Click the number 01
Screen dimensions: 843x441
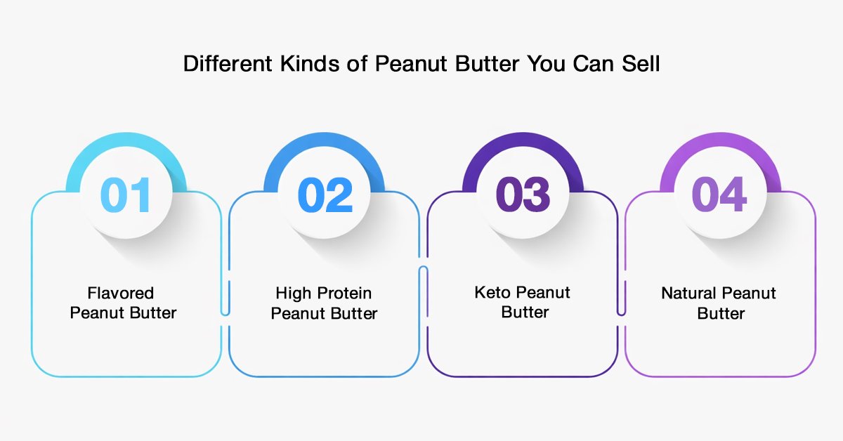(x=126, y=195)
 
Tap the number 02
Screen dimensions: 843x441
(x=325, y=195)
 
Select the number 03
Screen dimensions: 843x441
(x=523, y=195)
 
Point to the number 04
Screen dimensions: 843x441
(x=719, y=194)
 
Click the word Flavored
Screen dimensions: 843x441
(x=120, y=293)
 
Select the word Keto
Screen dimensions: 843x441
(x=492, y=292)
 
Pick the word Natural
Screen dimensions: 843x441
(x=689, y=293)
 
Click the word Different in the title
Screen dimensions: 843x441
(x=228, y=63)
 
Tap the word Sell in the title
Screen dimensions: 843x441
(x=641, y=63)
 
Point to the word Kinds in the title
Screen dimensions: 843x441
(x=310, y=63)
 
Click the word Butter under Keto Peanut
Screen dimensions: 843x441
(x=525, y=312)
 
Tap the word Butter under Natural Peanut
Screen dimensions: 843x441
(x=721, y=313)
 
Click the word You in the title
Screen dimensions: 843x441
(x=546, y=63)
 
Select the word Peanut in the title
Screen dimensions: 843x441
(x=411, y=63)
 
